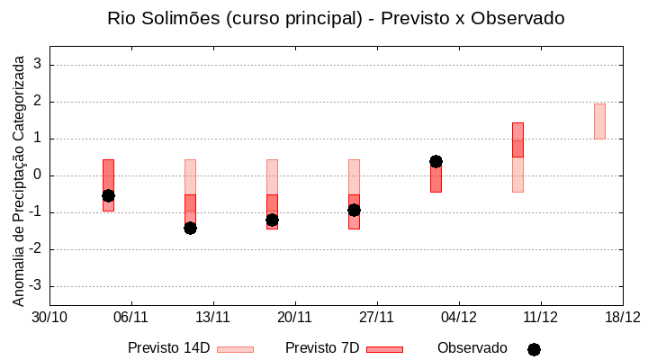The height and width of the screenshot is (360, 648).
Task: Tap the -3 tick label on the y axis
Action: [x=35, y=286]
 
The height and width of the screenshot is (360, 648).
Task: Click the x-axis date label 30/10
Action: [x=49, y=317]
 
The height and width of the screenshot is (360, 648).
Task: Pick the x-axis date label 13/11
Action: [x=213, y=317]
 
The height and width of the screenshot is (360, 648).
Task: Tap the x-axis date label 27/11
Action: [x=377, y=317]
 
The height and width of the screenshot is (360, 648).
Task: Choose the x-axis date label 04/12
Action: [x=459, y=317]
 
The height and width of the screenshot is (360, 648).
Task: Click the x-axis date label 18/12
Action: [x=622, y=317]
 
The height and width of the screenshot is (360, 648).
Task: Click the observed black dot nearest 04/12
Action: [x=436, y=161]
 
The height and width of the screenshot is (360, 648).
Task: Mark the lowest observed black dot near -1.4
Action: [x=190, y=228]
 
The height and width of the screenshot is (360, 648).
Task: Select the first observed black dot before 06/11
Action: [x=108, y=195]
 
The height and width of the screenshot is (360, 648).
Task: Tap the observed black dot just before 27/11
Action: [x=354, y=210]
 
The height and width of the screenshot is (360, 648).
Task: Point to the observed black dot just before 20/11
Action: [x=272, y=220]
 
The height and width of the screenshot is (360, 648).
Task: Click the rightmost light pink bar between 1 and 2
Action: [x=599, y=121]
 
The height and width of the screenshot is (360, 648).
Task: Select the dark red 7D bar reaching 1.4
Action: [x=517, y=139]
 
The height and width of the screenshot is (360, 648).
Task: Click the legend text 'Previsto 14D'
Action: [x=168, y=348]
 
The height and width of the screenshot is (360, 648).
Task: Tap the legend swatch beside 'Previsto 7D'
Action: [x=384, y=349]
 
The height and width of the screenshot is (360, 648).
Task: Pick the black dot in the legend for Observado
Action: [x=534, y=349]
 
